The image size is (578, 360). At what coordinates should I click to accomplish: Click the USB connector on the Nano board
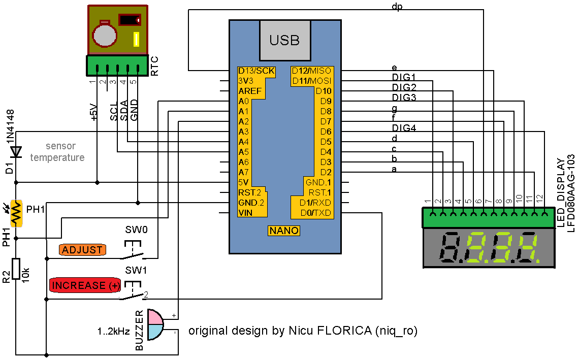click(x=284, y=40)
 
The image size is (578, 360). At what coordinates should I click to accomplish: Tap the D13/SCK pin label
click(x=256, y=71)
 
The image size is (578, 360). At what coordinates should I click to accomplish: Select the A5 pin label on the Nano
click(x=244, y=152)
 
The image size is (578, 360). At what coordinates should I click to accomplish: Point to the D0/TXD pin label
click(x=315, y=213)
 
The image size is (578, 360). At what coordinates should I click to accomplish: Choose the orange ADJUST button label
click(x=83, y=250)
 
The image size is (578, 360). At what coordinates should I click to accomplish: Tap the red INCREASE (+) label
click(x=85, y=285)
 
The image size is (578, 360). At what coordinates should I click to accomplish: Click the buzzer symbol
click(x=155, y=324)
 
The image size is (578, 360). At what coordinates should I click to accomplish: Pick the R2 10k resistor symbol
click(x=16, y=269)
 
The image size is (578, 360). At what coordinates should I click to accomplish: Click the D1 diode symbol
click(x=16, y=151)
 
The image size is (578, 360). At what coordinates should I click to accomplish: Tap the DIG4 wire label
click(x=404, y=128)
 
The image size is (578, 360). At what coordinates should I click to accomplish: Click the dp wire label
click(x=398, y=7)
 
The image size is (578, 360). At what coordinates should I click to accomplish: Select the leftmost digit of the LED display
click(x=449, y=248)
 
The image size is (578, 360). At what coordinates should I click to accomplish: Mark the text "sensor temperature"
click(x=57, y=152)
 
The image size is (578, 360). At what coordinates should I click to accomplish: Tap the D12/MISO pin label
click(x=311, y=71)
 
